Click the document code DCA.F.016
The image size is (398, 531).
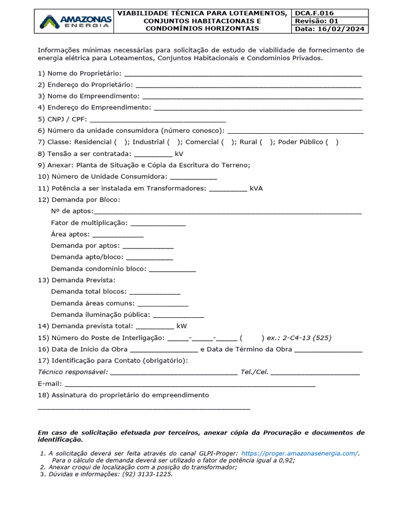(314, 13)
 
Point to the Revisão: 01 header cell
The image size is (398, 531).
(316, 21)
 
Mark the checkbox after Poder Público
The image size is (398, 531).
(332, 142)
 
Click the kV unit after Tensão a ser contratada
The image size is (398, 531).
(179, 154)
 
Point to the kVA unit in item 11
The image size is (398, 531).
(256, 188)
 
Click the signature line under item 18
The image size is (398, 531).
(144, 409)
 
